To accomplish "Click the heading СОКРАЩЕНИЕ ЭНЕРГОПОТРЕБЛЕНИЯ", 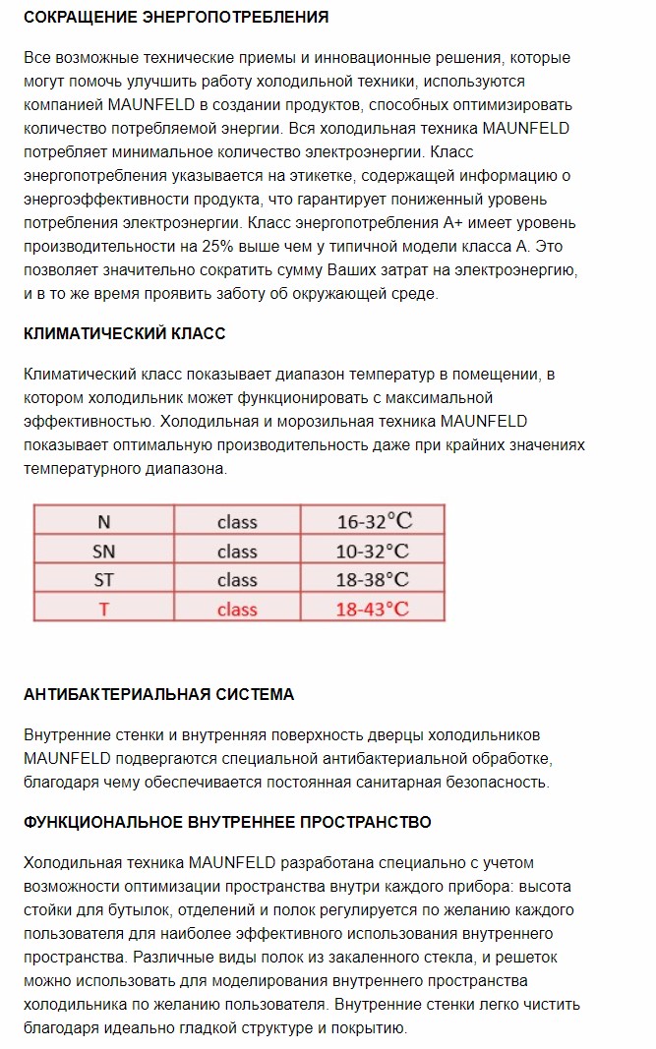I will pos(176,18).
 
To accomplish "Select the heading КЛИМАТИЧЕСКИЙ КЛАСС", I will pos(124,333).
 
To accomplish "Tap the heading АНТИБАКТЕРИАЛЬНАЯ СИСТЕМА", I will pos(158,694).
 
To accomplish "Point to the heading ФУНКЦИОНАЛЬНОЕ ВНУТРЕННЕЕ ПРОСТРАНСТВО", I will pos(227,821).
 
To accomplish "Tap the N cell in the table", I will pos(103,522).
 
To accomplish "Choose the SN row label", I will pos(103,551).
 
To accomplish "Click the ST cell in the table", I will pos(103,579).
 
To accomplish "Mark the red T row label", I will pos(103,609).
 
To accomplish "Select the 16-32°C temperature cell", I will pos(372,522).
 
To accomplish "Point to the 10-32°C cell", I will pos(372,551).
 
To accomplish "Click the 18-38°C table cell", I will pos(372,579).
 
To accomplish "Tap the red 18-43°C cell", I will pos(372,609).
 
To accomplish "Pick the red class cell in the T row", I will pos(237,609).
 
